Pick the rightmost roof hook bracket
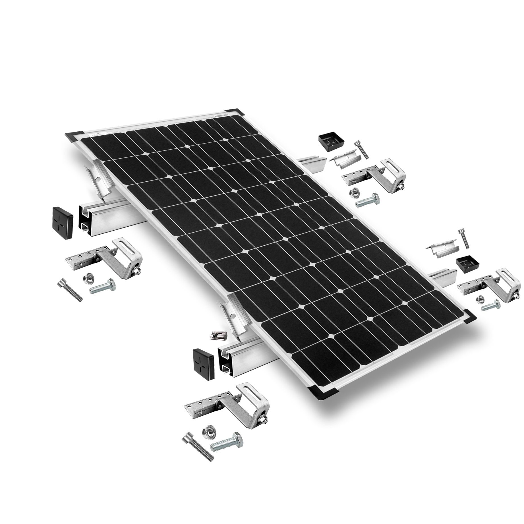pos(486,284)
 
